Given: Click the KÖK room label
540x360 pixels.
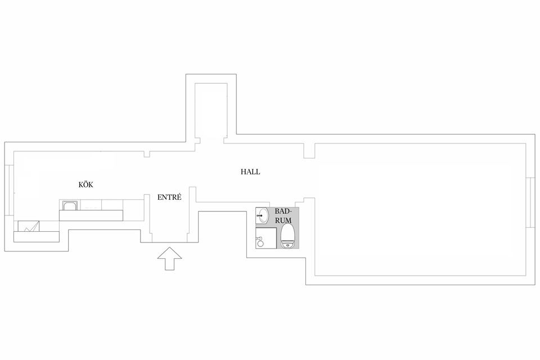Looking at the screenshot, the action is click(85, 184).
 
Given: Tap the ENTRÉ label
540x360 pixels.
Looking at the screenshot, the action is click(169, 197).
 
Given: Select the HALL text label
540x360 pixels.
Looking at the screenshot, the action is click(250, 172).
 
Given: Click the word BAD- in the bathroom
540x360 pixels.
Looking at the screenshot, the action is click(283, 211).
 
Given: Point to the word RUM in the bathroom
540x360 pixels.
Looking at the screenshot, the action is click(283, 220).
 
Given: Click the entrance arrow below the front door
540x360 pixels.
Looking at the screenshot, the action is click(169, 258).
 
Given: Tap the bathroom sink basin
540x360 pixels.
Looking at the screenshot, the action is click(262, 217).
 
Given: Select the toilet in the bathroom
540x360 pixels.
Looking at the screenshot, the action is click(287, 236).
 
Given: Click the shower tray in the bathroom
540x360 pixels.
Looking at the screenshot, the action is click(266, 238).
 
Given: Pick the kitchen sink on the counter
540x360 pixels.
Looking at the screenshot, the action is click(70, 206).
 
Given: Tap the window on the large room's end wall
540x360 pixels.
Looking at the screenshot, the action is click(530, 202).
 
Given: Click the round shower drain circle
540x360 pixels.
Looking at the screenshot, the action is click(260, 243).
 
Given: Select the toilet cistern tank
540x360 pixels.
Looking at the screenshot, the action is click(287, 245).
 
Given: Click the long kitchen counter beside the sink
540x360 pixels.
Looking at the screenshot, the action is click(91, 215).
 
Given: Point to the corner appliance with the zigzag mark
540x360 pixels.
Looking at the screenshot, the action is click(29, 226).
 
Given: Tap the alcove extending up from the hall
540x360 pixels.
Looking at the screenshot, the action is click(211, 110).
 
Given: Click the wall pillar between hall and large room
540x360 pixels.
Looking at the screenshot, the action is click(309, 151).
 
